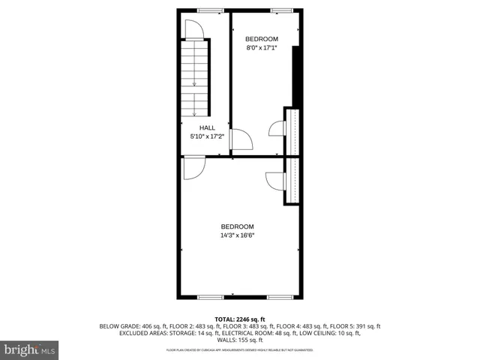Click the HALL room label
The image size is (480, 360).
tap(207, 127)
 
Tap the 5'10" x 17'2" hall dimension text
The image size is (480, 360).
tap(207, 136)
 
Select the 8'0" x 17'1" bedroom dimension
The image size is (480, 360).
tap(262, 48)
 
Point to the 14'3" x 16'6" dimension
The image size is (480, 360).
tap(237, 235)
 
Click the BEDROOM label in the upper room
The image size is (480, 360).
tap(262, 39)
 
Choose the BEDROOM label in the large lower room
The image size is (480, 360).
tap(237, 226)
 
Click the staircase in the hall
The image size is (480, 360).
tap(195, 78)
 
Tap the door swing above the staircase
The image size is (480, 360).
tap(191, 30)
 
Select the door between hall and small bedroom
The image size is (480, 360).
tap(241, 139)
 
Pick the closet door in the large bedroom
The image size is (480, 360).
tap(275, 181)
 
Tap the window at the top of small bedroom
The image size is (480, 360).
tap(281, 10)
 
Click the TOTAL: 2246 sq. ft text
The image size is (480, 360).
tap(240, 319)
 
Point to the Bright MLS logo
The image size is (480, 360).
tap(30, 349)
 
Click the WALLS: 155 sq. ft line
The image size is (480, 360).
tap(240, 340)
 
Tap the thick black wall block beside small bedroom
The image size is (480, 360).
tap(297, 75)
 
